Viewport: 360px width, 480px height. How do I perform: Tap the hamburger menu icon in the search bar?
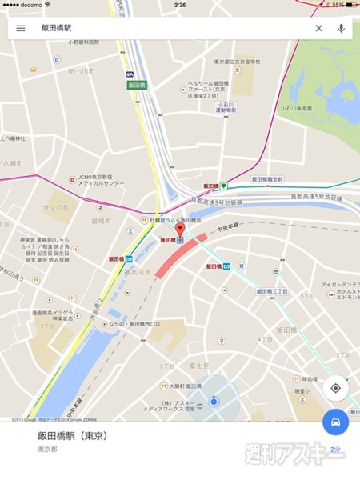tap(21, 28)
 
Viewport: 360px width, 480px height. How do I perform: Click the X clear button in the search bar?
tap(318, 28)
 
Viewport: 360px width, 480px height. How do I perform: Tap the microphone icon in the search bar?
tap(342, 28)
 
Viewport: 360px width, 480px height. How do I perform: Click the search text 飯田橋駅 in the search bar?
tap(58, 28)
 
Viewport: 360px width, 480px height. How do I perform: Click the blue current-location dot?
tap(214, 402)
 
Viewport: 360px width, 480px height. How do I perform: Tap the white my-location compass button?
tap(335, 388)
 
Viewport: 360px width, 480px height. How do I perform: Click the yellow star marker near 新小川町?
tap(34, 69)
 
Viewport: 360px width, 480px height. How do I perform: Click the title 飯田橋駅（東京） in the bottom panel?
tap(72, 436)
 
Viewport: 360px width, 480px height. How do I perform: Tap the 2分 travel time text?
tap(335, 450)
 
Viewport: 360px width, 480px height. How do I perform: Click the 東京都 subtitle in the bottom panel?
tap(48, 450)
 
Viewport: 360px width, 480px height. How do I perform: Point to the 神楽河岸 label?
tap(136, 272)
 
